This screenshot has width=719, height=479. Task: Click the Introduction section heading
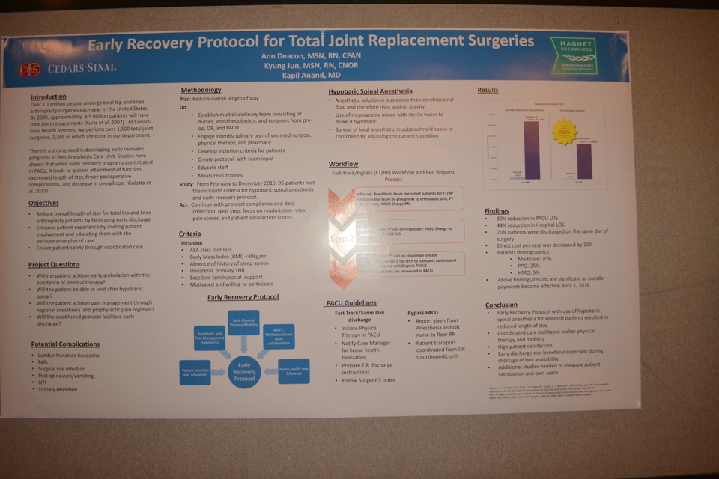(x=49, y=97)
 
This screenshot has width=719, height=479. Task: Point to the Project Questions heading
(x=54, y=265)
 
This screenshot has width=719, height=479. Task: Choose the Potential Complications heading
(x=65, y=344)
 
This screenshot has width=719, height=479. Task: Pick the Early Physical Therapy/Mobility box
(x=243, y=322)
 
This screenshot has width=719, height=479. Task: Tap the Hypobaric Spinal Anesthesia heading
(x=370, y=91)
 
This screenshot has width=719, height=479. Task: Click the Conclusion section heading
(x=501, y=305)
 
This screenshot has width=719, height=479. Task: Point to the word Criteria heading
(x=191, y=234)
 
